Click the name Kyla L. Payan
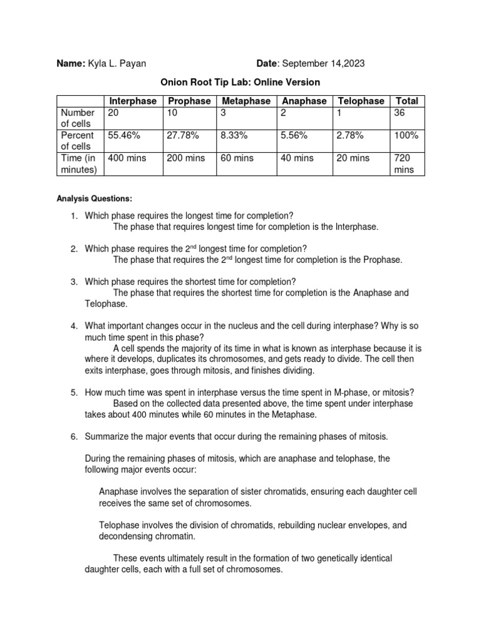(x=118, y=63)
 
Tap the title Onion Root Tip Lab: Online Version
(x=240, y=82)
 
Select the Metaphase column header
(x=246, y=101)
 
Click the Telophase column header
(x=361, y=101)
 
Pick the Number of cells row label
(x=78, y=118)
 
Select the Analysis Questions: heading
(x=95, y=198)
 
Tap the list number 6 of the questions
(x=73, y=435)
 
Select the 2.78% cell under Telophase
(x=351, y=135)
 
